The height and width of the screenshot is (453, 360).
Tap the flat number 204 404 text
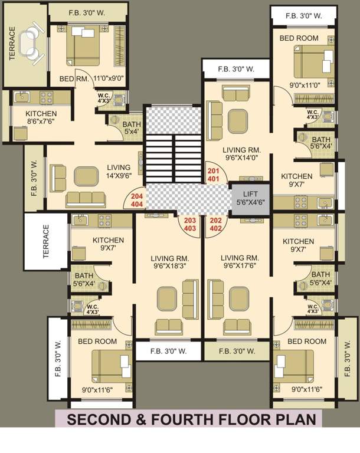pos(137,199)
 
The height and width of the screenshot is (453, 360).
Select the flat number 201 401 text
pos(213,174)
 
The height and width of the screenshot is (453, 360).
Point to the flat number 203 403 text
pos(191,224)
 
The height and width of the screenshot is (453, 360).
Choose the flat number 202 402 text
pos(216,224)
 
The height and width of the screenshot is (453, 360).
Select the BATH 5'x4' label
pos(131,128)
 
